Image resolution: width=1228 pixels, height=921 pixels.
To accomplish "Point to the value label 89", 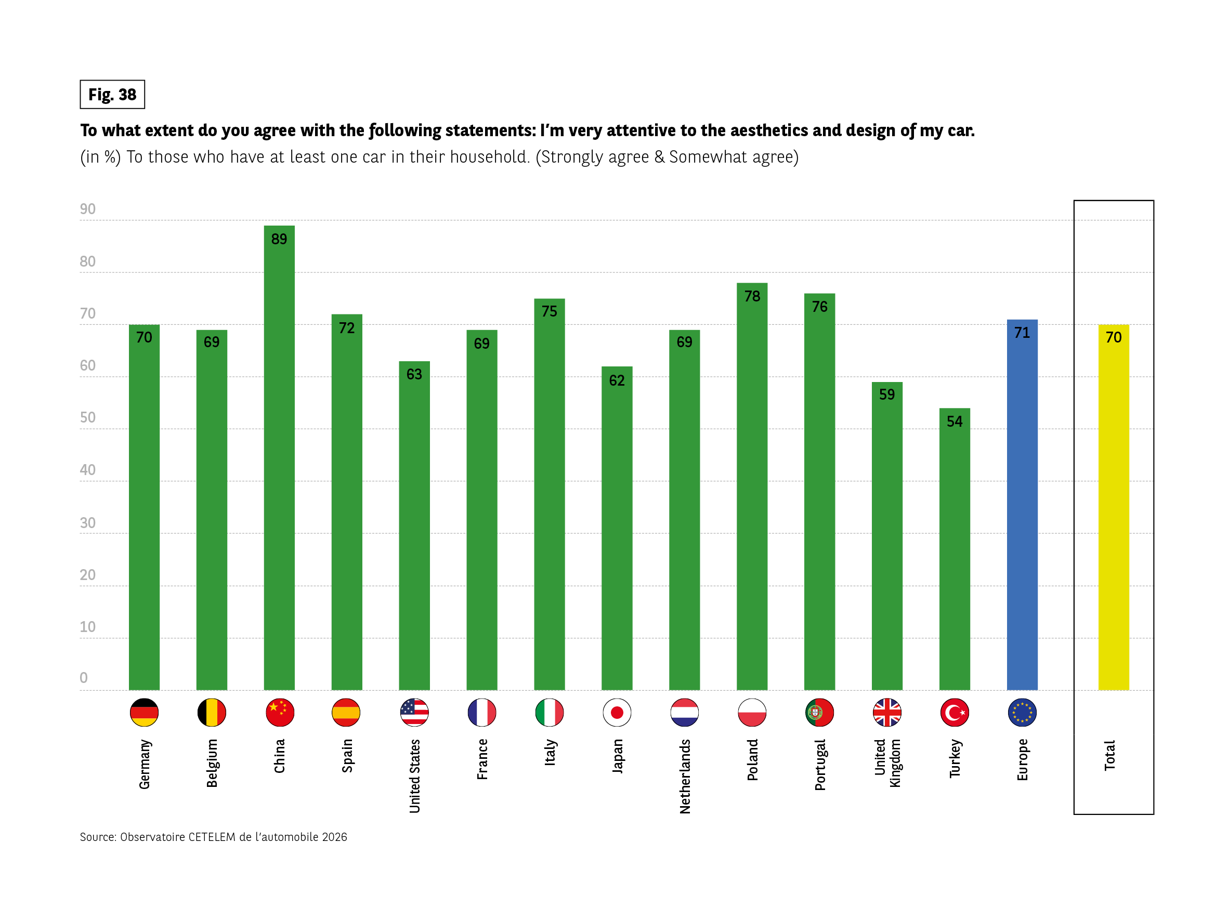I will coord(279,239).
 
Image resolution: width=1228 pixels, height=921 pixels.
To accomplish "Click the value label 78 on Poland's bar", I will coord(752,296).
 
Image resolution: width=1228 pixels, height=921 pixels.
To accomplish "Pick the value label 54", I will coord(955,422).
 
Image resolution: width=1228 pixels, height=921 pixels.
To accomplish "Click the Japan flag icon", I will coord(617,712).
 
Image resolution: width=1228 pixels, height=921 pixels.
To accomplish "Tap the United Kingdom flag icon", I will coord(886,712).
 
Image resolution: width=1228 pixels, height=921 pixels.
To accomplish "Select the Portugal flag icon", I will coord(819,712).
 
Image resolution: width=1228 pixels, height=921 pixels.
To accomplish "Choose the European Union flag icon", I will coord(1022,712).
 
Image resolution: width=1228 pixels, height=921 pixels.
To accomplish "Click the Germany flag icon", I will coord(145,712).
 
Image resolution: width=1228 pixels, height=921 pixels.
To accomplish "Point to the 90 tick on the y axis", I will coord(88,209).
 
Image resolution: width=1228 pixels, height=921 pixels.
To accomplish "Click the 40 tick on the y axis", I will coord(88,470).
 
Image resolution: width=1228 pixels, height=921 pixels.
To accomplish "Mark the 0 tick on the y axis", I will coord(84,677).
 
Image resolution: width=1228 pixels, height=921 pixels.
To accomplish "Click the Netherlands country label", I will coord(685,776).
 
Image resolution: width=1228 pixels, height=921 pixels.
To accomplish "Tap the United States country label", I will coord(415,776).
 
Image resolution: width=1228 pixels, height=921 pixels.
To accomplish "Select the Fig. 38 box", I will coord(112,95).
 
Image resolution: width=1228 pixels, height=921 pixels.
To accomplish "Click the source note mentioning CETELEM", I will coord(213,837).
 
